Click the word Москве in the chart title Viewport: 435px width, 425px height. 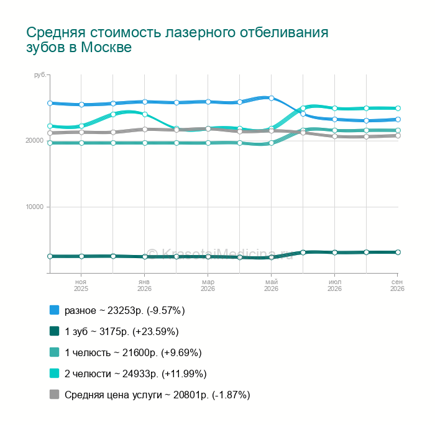106,47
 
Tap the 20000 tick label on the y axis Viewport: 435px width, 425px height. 35,140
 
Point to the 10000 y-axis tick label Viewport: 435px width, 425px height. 35,207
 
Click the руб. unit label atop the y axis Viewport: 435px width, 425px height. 40,75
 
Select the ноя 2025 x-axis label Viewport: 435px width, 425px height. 81,285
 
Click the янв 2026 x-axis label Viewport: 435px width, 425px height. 144,285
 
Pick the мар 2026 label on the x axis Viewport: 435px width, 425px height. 208,285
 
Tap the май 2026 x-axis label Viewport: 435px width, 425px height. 272,285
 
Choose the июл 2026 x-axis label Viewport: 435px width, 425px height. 334,285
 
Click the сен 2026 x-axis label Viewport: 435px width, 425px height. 397,285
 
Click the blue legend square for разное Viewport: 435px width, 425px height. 55,310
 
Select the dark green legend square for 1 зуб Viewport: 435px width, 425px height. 55,331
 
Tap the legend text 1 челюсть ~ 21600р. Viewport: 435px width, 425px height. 111,352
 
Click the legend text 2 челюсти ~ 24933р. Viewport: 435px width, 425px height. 111,374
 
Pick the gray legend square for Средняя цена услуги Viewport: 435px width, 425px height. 55,395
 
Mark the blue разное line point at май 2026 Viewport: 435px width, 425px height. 272,98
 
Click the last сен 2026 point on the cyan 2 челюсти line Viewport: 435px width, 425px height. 398,109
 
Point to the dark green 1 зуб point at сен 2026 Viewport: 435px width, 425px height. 398,252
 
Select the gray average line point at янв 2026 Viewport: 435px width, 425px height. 145,130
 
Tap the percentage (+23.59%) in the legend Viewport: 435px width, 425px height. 155,332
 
